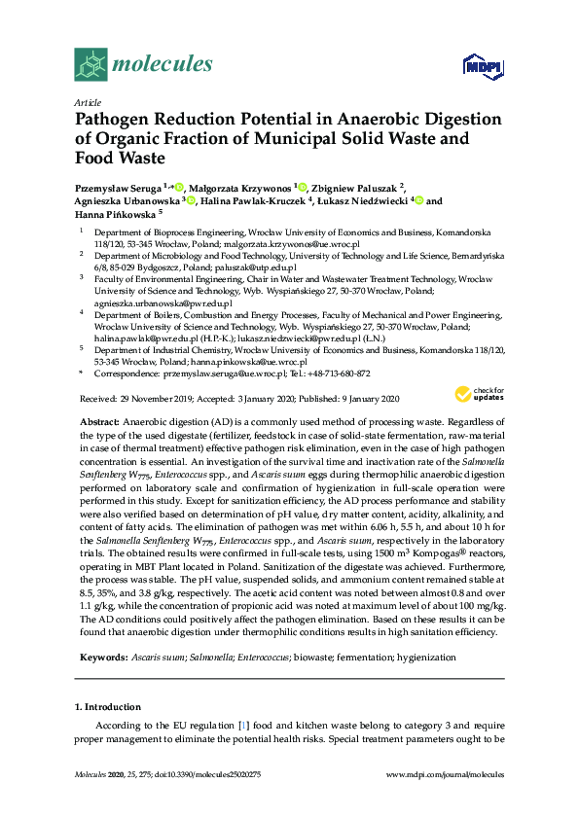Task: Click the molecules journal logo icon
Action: pyautogui.click(x=91, y=65)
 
